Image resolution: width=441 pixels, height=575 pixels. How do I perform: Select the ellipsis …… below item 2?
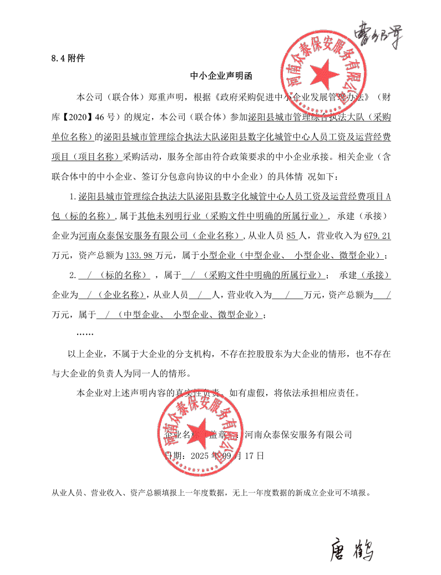coord(84,334)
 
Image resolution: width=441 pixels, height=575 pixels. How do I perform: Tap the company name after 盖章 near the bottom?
coord(298,434)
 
